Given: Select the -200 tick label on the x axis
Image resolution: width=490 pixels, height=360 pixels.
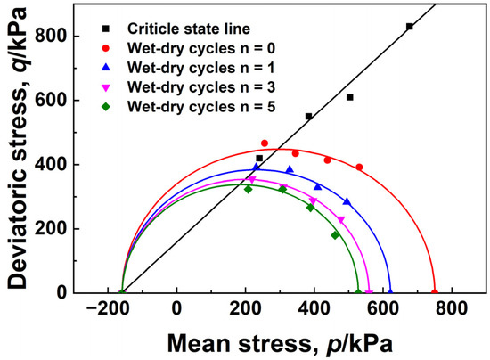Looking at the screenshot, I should [x=110, y=308].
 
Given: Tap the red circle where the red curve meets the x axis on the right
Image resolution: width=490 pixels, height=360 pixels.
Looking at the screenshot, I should [x=435, y=292].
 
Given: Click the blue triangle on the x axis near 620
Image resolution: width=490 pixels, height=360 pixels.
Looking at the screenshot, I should [x=390, y=291].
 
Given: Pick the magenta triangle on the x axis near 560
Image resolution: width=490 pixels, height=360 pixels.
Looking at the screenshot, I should [x=370, y=292].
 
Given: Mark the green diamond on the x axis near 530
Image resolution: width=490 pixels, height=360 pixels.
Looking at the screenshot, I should [x=359, y=292].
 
